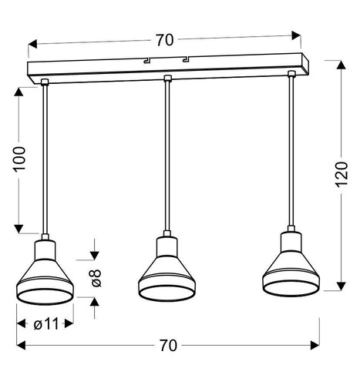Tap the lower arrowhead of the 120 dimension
(x=340, y=286)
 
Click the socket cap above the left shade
(x=45, y=246)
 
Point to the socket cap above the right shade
(x=292, y=241)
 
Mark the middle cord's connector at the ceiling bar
(x=167, y=79)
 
